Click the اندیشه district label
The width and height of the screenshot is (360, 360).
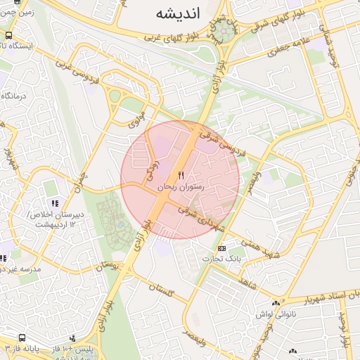pos(174,13)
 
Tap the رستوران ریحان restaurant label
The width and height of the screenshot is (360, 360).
pos(180,188)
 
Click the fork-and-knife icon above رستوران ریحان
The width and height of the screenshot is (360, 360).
pos(181,175)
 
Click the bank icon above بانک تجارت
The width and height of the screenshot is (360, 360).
pos(222,248)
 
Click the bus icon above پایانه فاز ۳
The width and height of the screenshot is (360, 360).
pos(22,337)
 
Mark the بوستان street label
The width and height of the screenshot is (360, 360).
pos(112,265)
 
